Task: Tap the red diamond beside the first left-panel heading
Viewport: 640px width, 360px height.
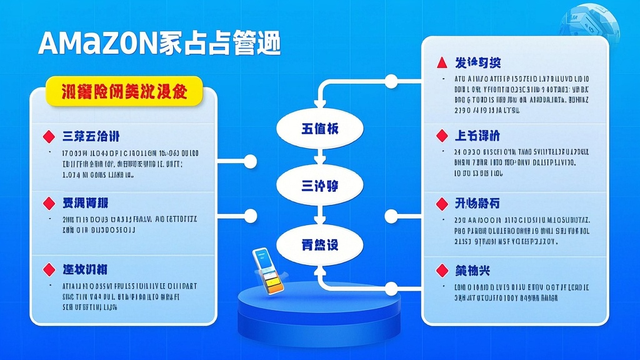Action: click(x=48, y=136)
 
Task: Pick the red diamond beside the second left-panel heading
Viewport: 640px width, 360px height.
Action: click(x=48, y=203)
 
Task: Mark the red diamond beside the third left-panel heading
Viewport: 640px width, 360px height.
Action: click(x=48, y=269)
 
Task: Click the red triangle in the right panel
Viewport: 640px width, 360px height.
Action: click(x=442, y=62)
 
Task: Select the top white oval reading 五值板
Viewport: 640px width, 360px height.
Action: click(x=320, y=129)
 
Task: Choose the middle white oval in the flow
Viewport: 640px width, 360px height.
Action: click(x=320, y=186)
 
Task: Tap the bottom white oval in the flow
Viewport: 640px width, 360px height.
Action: click(x=320, y=244)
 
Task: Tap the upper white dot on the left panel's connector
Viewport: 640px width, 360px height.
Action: click(x=251, y=162)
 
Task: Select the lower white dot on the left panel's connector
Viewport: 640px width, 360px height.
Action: click(x=251, y=216)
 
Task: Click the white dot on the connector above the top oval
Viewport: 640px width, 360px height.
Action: click(x=391, y=81)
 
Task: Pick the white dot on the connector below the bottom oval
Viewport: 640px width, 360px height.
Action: click(x=391, y=289)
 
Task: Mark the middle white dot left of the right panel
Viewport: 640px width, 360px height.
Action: click(x=391, y=216)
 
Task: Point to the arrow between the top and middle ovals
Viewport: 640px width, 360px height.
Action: click(x=320, y=157)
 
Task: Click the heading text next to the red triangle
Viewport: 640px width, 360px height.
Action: click(x=477, y=62)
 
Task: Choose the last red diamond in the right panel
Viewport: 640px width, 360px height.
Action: click(x=442, y=270)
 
